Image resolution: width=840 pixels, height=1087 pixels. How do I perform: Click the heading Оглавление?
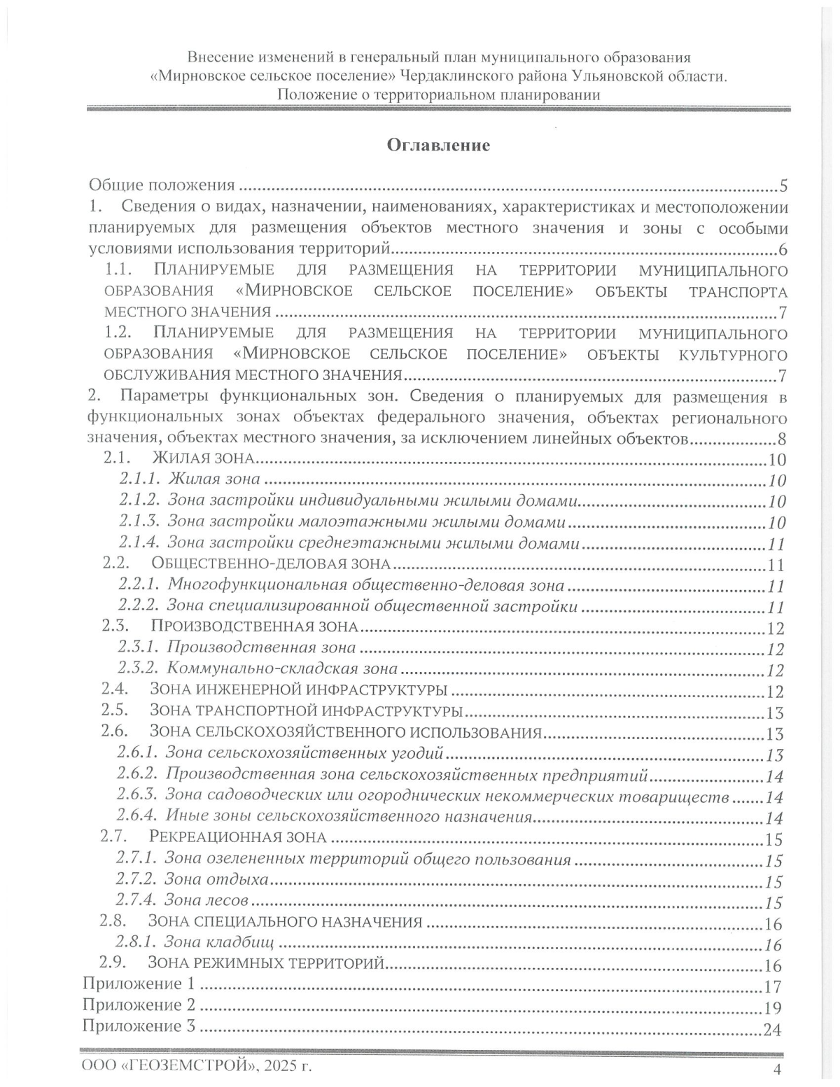click(x=438, y=145)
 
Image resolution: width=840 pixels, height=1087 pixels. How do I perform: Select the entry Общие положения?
click(x=161, y=185)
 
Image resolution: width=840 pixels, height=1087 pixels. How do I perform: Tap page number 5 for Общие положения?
click(x=783, y=186)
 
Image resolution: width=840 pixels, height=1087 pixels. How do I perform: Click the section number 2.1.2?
click(x=140, y=501)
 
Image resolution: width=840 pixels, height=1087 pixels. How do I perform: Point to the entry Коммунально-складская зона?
click(x=283, y=669)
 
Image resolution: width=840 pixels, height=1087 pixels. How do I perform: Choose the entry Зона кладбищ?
click(x=218, y=943)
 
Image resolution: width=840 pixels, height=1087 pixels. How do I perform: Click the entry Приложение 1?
click(x=139, y=984)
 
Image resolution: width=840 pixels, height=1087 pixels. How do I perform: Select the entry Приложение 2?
click(x=139, y=1005)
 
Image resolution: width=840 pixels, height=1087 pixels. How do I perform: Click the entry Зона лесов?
click(x=206, y=901)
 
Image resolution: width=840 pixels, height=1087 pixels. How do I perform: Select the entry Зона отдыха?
click(x=216, y=880)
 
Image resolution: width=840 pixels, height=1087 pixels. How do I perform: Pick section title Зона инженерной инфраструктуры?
click(x=299, y=690)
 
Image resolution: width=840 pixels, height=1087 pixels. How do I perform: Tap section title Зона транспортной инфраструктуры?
click(x=306, y=711)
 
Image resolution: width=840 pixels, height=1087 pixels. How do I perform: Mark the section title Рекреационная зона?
click(x=238, y=837)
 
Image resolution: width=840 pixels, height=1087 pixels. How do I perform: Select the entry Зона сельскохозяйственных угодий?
click(x=305, y=753)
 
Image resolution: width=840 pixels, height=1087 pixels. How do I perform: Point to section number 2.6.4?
click(x=137, y=816)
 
